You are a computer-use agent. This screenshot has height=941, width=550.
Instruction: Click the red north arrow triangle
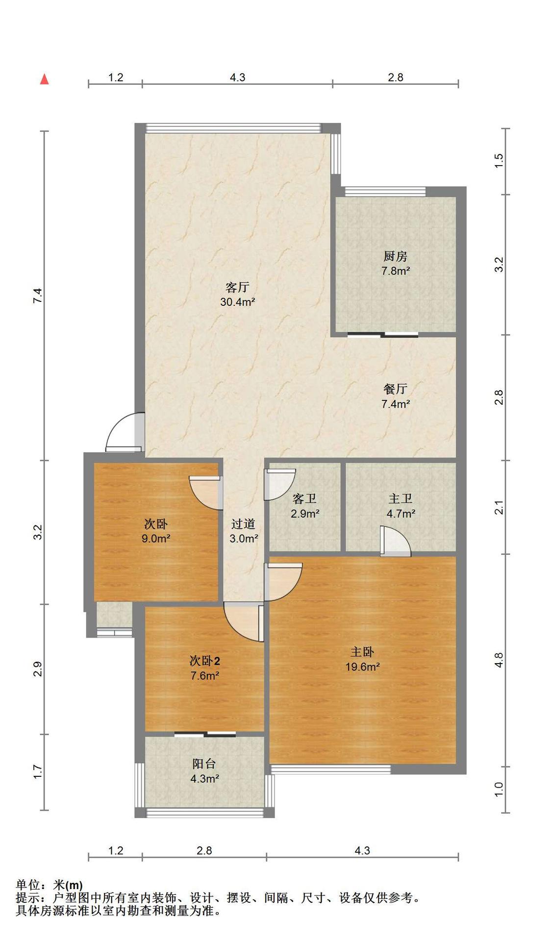[44, 79]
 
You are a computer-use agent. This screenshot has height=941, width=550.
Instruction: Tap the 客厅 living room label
[237, 287]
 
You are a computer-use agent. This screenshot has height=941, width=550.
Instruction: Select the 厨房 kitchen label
[395, 256]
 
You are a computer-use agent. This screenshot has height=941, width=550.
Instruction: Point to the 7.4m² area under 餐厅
[396, 404]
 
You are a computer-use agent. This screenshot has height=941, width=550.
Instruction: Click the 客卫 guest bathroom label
[304, 499]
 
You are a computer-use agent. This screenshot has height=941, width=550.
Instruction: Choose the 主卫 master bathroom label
[400, 499]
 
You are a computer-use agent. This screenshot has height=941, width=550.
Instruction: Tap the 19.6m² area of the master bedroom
[363, 667]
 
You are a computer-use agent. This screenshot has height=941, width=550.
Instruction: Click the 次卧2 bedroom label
[205, 661]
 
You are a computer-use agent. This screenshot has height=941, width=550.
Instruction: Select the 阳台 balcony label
[204, 764]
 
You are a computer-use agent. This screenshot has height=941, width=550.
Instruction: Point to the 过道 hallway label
[243, 524]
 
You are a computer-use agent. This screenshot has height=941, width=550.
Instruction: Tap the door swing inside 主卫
[395, 541]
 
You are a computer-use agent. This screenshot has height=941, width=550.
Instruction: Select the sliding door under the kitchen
[383, 335]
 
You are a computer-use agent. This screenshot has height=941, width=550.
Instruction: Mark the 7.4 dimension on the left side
[38, 296]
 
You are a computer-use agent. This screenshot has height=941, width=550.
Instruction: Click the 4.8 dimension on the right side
[499, 660]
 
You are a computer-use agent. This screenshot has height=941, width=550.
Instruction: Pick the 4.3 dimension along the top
[237, 77]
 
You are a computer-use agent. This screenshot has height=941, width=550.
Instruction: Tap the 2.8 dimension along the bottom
[204, 850]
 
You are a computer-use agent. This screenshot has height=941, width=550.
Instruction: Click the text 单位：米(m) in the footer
[49, 885]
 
